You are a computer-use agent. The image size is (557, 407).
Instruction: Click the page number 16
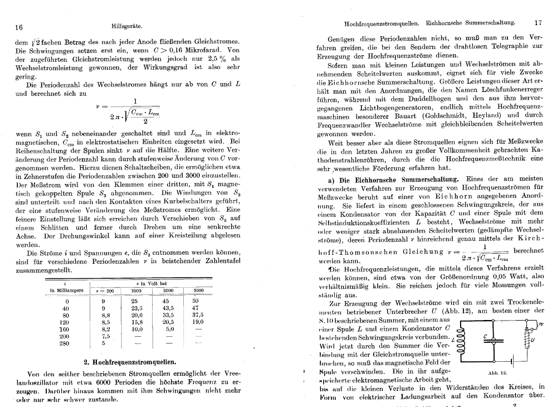pos(19,27)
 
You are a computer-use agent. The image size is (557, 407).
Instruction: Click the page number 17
pos(538,23)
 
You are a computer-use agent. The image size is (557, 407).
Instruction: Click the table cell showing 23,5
pos(136,308)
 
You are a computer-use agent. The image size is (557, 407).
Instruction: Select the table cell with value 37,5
pos(198,315)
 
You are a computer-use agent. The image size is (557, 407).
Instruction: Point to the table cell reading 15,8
pos(136,322)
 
